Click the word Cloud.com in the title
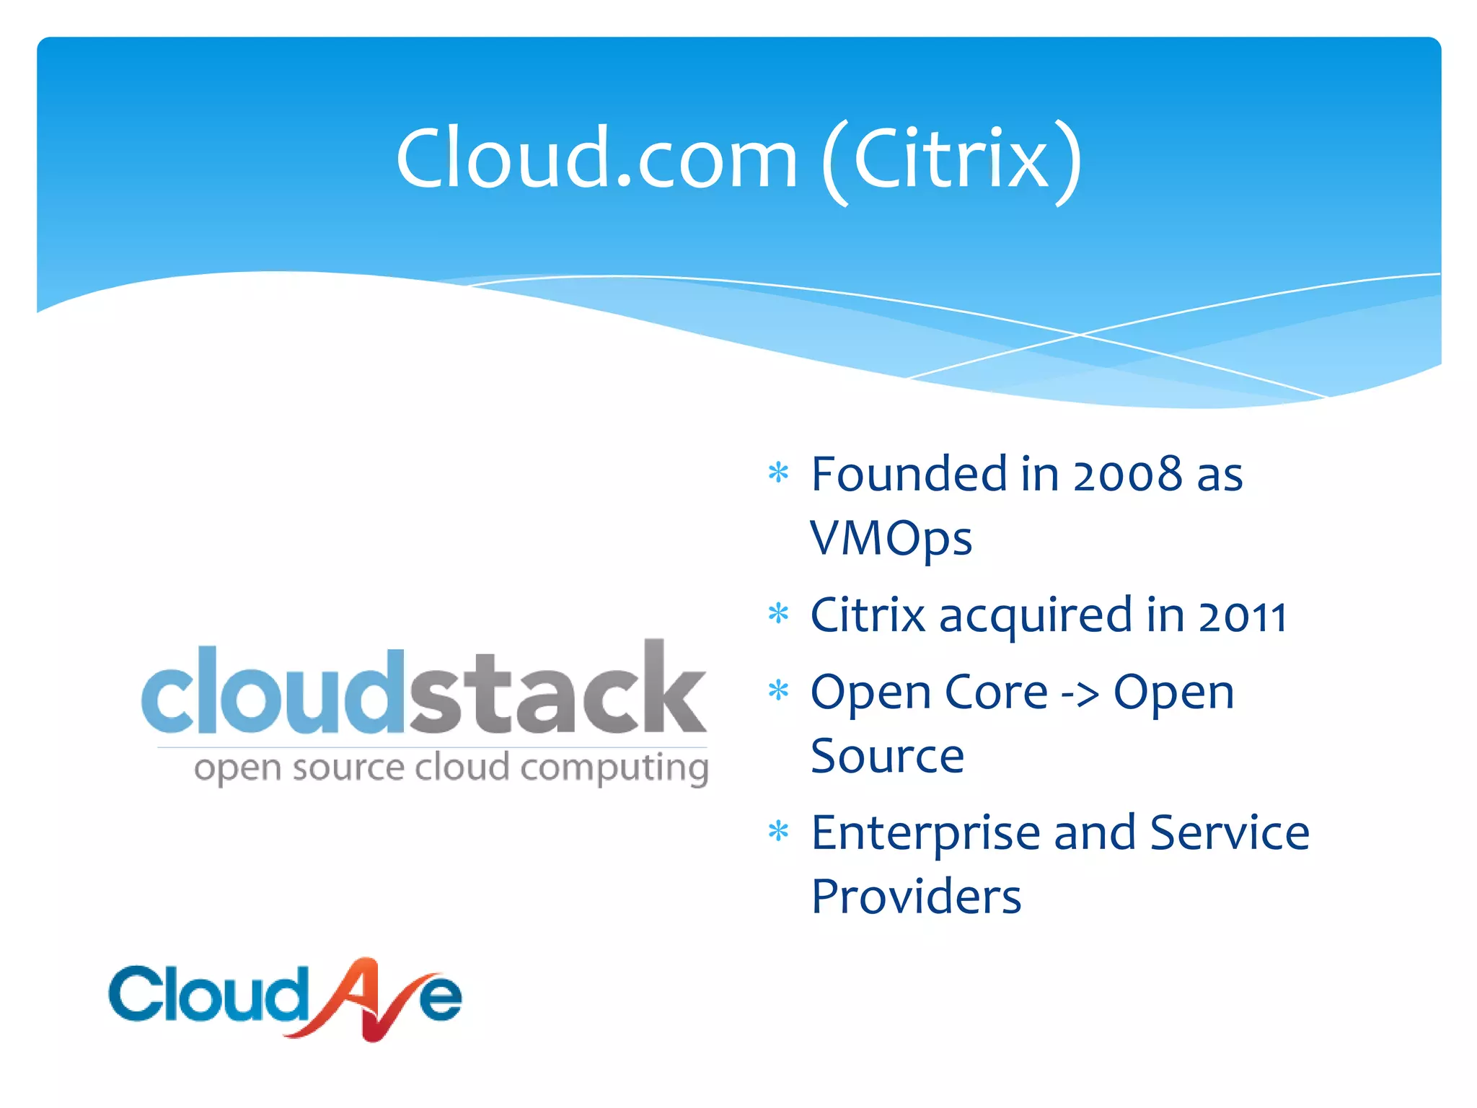coord(596,158)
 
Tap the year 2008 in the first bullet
coord(1127,475)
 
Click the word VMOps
coord(891,540)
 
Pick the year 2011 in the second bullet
coord(1242,617)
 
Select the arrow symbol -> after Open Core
coord(1080,695)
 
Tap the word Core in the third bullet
coord(996,692)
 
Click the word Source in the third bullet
coord(887,757)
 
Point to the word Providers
coord(916,897)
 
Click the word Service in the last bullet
coord(1229,833)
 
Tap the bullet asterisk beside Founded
coord(778,473)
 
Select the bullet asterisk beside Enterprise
coord(778,832)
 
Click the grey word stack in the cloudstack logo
coord(558,688)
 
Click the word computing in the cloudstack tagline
coord(614,769)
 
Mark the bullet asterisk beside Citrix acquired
coord(778,614)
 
